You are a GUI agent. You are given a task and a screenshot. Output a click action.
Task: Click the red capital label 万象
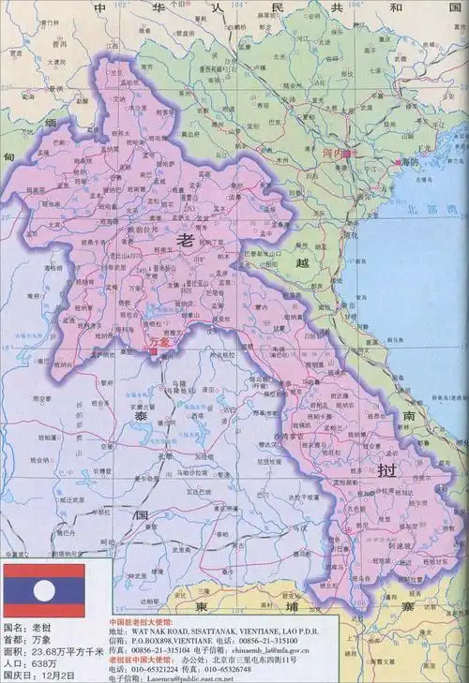pos(160,344)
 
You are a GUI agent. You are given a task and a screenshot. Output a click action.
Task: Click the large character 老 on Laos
pos(183,240)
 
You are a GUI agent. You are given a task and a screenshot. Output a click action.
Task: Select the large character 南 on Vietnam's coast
pos(410,413)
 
